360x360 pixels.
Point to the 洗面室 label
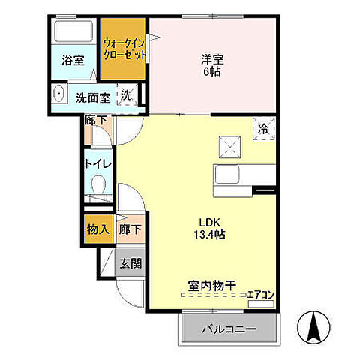tap(93, 97)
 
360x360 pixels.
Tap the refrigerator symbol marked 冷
tap(263, 128)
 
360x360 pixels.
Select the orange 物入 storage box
tap(97, 228)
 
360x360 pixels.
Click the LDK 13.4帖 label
tap(211, 228)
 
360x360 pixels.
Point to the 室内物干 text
tap(211, 285)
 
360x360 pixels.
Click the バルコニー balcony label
tap(229, 328)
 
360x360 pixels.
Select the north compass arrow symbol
tap(315, 328)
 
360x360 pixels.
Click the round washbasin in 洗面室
tap(58, 95)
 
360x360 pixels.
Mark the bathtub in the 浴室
tap(73, 33)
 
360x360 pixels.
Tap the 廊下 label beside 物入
tap(130, 228)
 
